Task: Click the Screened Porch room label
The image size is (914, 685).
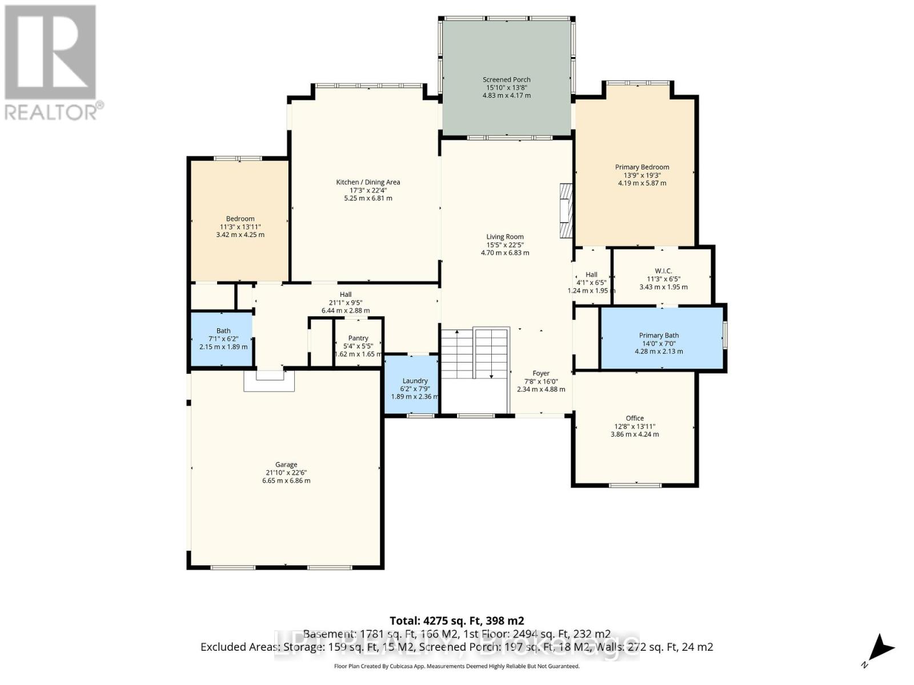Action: [506, 80]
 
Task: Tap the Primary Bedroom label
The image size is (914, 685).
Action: [642, 167]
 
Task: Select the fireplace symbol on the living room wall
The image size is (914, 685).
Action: [566, 210]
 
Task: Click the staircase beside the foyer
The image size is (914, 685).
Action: [474, 354]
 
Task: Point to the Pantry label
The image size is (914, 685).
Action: [358, 338]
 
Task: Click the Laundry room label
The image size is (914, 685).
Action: [415, 381]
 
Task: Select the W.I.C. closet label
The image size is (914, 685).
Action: [663, 271]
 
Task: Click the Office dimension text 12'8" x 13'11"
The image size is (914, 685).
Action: [635, 426]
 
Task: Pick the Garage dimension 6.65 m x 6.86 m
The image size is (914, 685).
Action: [286, 481]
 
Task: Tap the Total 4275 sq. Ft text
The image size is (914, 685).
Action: [456, 620]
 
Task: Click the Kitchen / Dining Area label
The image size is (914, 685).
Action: [368, 182]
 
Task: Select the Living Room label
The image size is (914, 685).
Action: [505, 236]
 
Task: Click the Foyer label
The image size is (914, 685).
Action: [540, 373]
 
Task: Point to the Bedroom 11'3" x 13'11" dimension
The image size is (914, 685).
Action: [240, 227]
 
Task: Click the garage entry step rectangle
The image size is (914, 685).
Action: [269, 381]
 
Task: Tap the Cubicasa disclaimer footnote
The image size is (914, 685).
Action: [456, 666]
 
